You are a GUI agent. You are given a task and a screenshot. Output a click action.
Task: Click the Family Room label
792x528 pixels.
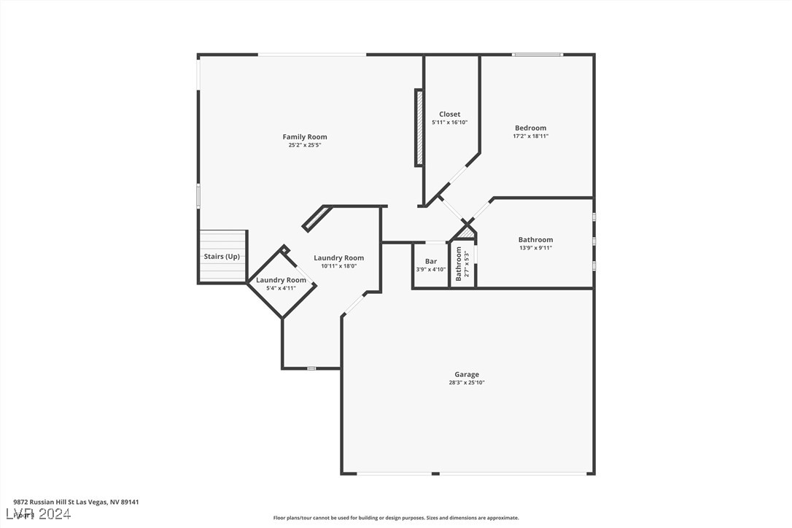point(305,136)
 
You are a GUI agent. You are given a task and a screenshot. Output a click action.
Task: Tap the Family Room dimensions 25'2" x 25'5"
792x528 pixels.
point(305,145)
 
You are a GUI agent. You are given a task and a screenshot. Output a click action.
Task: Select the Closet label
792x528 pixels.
point(449,114)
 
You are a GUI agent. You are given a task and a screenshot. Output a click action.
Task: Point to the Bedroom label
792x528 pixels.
point(530,128)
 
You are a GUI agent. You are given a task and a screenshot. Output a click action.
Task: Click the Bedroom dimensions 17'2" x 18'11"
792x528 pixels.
point(530,136)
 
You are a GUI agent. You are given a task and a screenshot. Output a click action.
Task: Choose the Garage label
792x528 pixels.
point(467,374)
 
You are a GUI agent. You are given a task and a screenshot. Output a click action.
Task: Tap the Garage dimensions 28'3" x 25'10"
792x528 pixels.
point(467,383)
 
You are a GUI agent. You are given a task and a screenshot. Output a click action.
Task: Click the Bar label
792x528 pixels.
point(431,261)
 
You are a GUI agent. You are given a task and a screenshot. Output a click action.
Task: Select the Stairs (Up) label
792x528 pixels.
point(222,256)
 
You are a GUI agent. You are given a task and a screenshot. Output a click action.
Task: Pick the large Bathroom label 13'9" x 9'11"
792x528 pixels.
point(535,239)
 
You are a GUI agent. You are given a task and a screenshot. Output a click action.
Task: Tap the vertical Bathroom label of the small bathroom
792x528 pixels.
point(459,263)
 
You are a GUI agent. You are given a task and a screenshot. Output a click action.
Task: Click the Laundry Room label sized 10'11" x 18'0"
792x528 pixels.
point(338,257)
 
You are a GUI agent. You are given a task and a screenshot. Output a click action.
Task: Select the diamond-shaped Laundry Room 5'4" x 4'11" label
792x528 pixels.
point(281,280)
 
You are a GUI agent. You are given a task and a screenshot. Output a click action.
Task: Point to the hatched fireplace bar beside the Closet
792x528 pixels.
point(419,128)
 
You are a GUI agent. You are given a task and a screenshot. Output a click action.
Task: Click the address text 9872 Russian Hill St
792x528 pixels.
point(76,502)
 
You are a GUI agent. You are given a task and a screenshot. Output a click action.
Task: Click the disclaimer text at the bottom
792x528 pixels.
point(396,518)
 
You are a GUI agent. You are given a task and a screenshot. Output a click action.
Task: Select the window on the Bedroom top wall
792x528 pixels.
point(537,54)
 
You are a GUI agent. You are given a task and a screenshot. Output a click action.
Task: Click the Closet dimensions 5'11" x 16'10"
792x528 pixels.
point(449,123)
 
